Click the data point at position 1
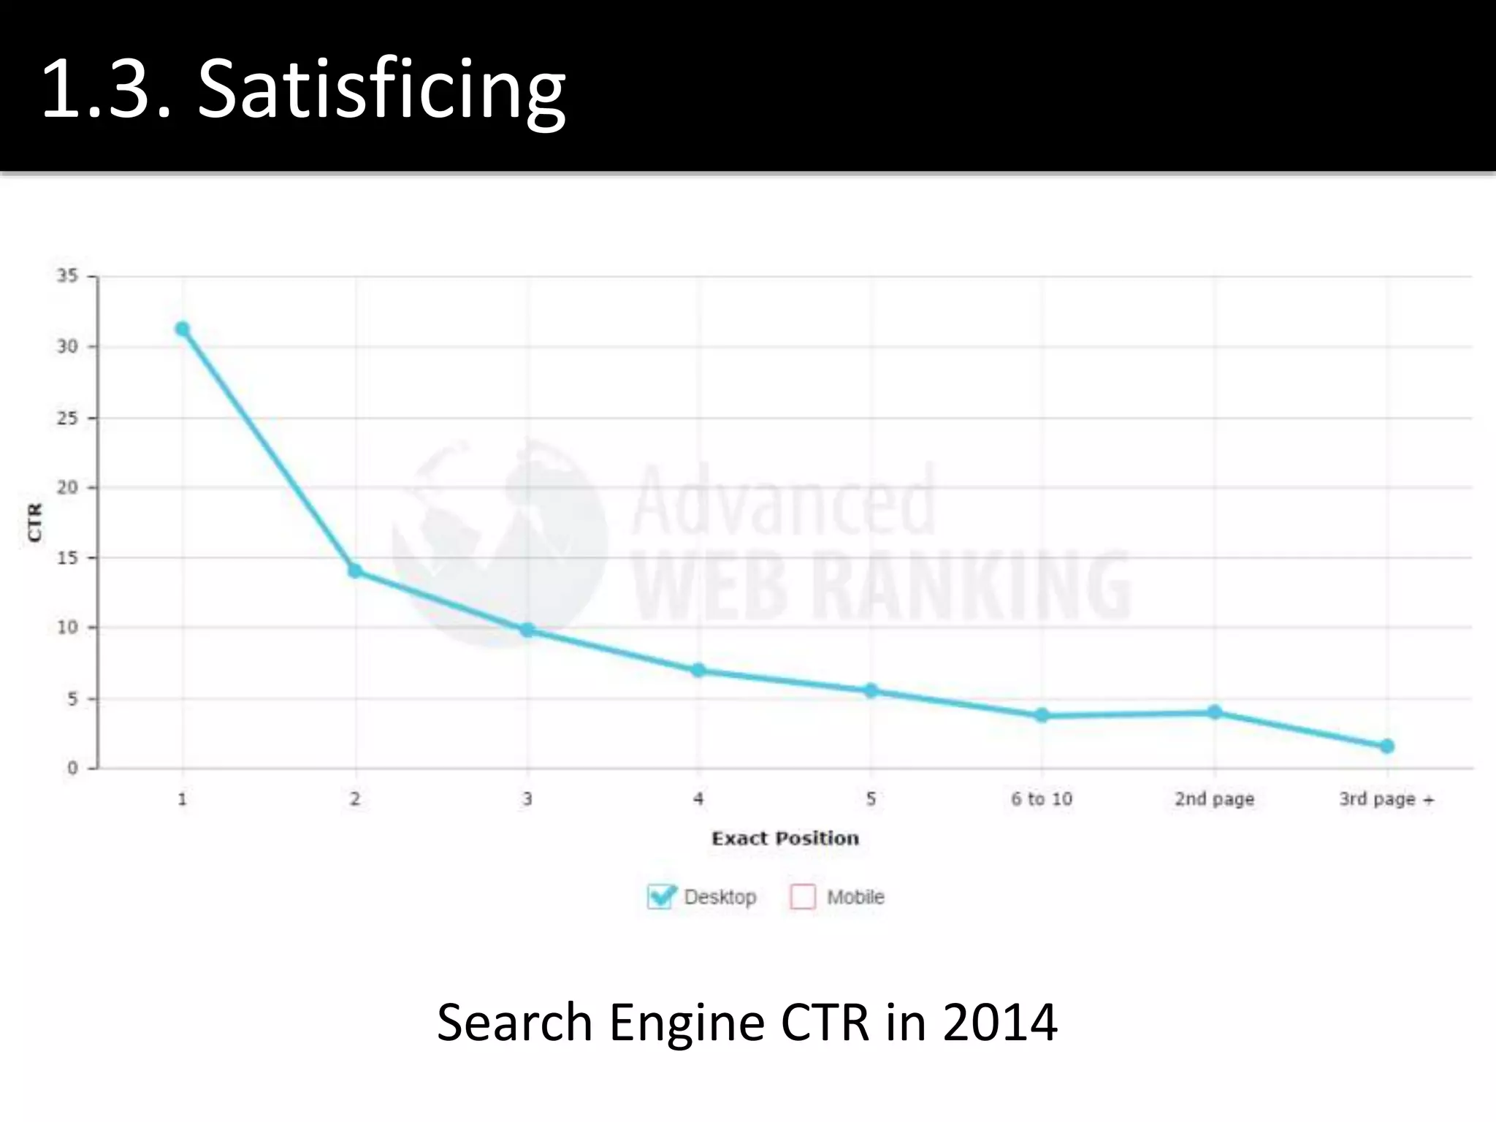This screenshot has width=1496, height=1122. coord(183,329)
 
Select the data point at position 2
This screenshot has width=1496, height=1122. coord(355,570)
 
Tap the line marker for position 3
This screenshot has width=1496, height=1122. coord(527,630)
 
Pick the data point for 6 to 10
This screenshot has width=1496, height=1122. coord(1042,715)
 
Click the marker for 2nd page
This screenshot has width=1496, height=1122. coord(1215,712)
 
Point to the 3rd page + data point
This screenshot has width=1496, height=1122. coord(1387,746)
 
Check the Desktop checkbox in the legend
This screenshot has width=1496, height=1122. coord(660,896)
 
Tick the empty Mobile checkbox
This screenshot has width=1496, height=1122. coord(803,896)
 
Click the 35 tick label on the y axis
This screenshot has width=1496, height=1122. coord(67,276)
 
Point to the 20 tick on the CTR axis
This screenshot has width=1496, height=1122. coord(67,487)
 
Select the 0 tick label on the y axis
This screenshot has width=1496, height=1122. coord(72,768)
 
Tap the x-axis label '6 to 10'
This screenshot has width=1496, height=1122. coord(1042,799)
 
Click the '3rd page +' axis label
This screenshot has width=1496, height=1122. coord(1386,799)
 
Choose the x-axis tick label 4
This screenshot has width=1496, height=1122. coord(698,799)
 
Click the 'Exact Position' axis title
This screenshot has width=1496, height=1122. coord(785,839)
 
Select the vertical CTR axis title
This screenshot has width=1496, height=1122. coord(35,522)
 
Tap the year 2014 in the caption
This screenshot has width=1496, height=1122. coord(999,1023)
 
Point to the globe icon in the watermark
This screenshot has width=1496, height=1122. coord(500,542)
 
